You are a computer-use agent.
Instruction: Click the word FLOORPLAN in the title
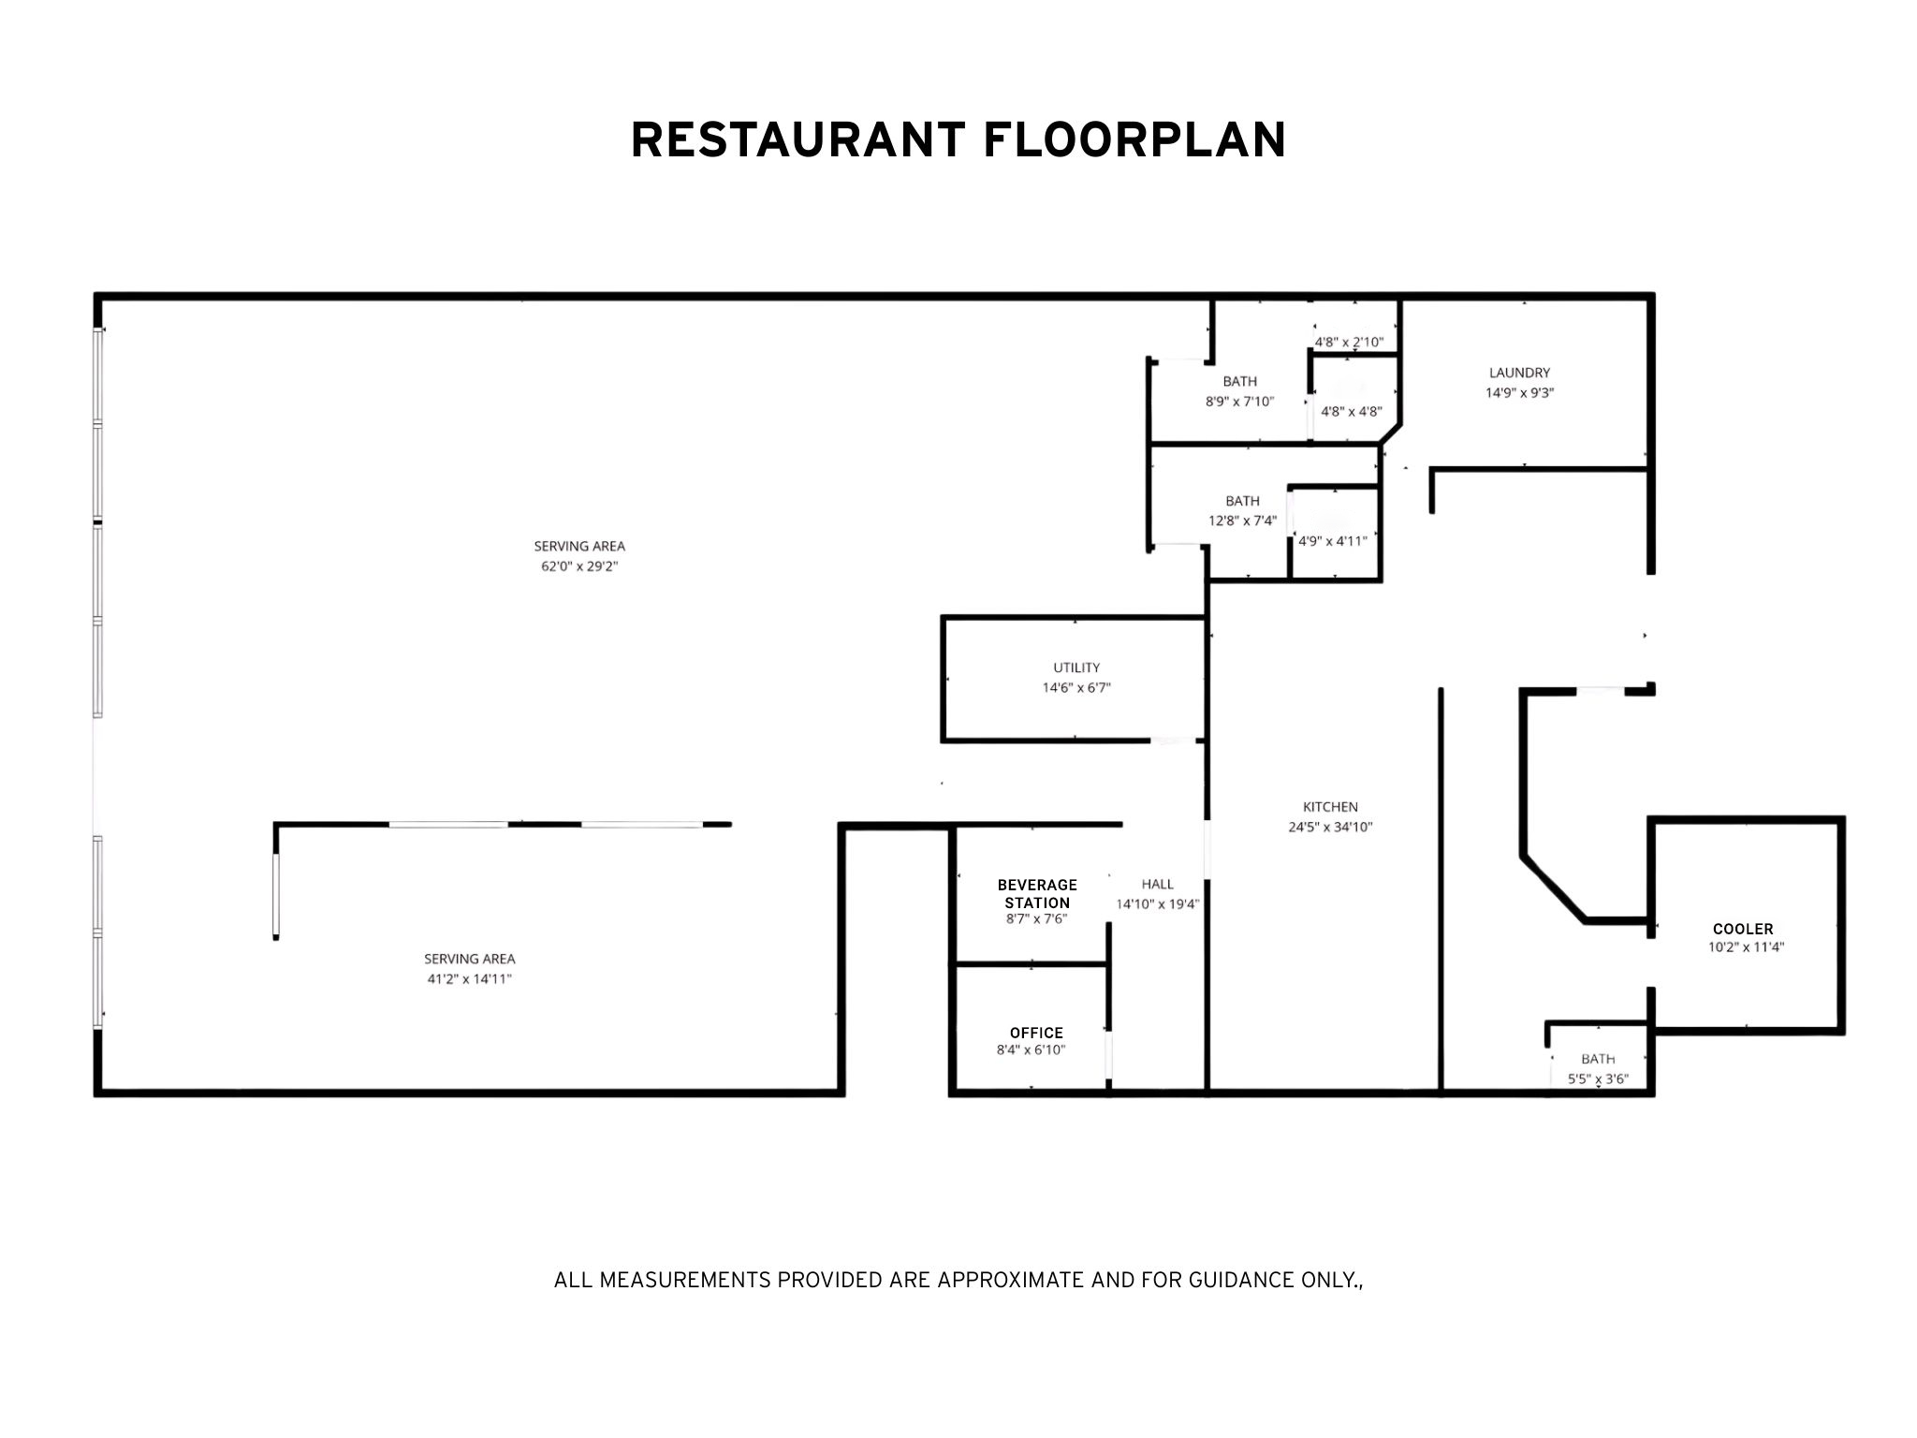[x=1134, y=140]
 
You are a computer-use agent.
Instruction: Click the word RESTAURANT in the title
[x=798, y=140]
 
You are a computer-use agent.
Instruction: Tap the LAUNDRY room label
[x=1520, y=373]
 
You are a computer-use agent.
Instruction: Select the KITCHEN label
[x=1330, y=807]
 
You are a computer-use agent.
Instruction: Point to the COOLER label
[x=1743, y=929]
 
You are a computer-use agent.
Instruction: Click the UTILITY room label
[x=1076, y=668]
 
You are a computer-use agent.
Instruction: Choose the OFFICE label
[x=1036, y=1033]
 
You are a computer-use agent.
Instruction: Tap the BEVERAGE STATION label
[x=1037, y=894]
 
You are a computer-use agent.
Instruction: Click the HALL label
[x=1158, y=884]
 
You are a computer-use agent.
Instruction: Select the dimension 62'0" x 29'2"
[x=579, y=566]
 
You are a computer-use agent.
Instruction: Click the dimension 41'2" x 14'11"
[x=470, y=979]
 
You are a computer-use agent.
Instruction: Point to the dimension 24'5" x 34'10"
[x=1330, y=827]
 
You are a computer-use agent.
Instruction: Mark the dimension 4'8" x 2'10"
[x=1349, y=343]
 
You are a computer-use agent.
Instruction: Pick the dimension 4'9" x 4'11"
[x=1333, y=541]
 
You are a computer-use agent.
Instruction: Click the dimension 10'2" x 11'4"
[x=1746, y=946]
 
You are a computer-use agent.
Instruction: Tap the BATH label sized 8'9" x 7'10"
[x=1240, y=381]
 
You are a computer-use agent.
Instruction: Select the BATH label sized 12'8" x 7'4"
[x=1243, y=501]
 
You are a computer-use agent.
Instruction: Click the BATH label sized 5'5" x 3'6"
[x=1598, y=1059]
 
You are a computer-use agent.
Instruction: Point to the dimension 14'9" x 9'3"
[x=1520, y=393]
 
